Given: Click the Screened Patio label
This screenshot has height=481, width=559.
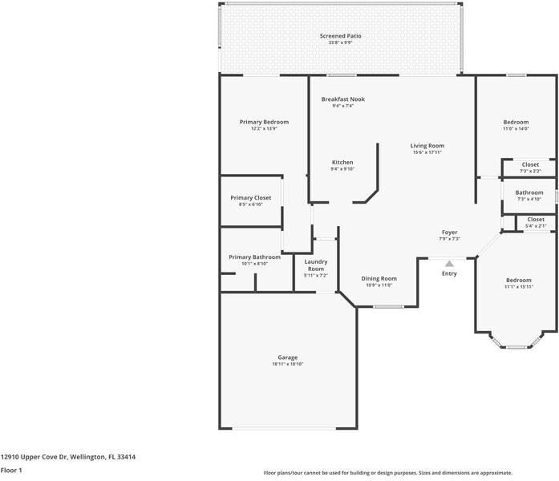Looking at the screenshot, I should (x=340, y=36).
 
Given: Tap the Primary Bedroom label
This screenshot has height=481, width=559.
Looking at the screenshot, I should (x=264, y=122).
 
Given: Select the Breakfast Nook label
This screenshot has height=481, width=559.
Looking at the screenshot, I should (x=342, y=99).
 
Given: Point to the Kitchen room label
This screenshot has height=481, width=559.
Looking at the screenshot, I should (x=342, y=162).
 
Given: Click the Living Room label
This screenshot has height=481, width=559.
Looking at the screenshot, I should (x=427, y=146).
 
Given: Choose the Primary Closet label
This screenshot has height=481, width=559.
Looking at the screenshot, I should (x=250, y=197).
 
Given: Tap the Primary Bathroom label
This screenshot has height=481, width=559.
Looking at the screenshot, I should (x=254, y=257).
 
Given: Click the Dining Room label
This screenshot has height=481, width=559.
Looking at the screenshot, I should (x=379, y=278).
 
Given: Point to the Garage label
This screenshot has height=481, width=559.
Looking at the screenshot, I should (x=287, y=358).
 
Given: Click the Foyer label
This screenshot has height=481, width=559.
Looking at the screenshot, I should (x=449, y=232).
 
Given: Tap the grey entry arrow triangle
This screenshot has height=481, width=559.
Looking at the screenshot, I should (x=449, y=263).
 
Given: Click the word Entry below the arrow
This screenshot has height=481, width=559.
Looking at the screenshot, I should (x=449, y=274).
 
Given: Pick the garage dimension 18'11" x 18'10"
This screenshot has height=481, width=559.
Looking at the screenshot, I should (x=287, y=364).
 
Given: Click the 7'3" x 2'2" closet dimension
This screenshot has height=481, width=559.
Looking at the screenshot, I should (x=530, y=171).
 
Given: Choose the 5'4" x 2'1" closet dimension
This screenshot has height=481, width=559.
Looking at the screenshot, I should (x=536, y=225).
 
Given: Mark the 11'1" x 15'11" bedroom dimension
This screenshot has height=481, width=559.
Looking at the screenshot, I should (x=518, y=286).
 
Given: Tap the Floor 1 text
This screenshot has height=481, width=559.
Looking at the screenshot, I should (x=11, y=470).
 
